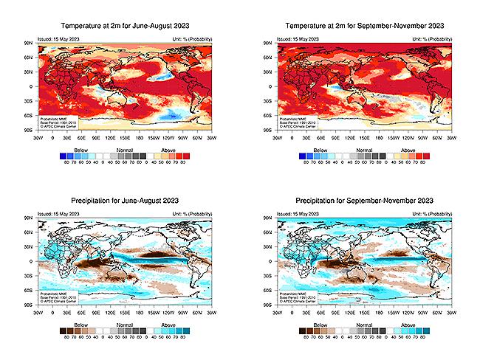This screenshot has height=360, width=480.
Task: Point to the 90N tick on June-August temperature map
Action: tap(31, 44)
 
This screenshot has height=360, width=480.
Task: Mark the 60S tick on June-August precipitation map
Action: tap(31, 290)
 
